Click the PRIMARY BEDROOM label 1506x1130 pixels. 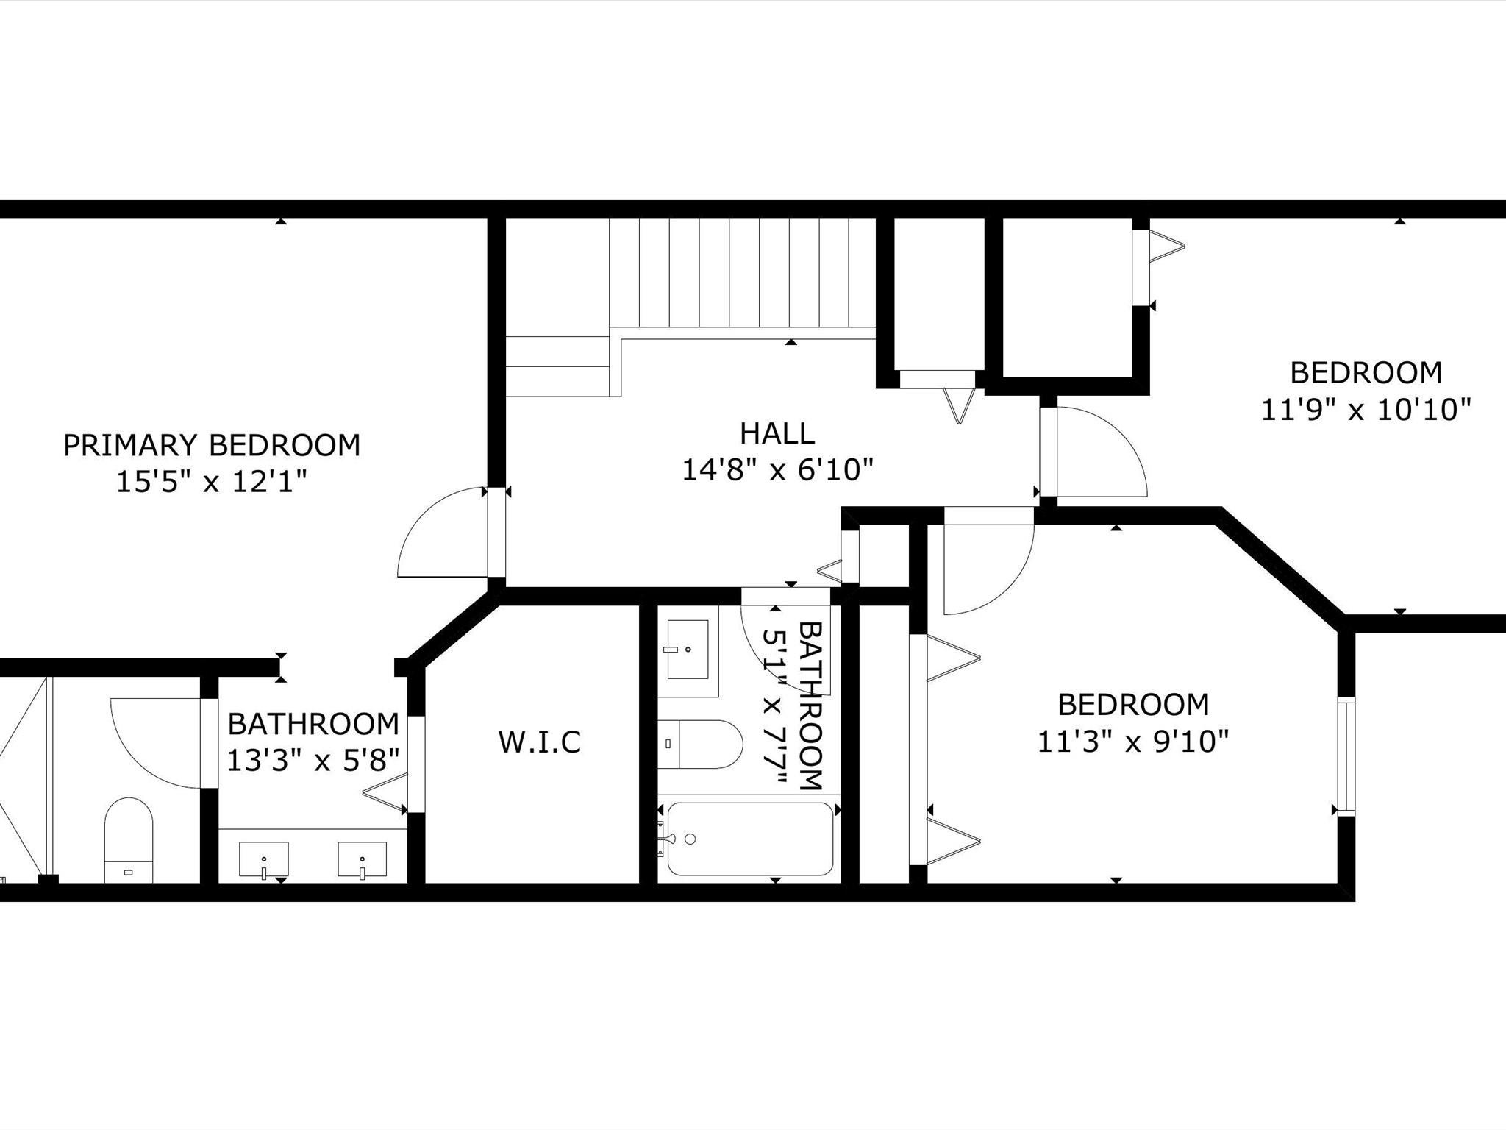tap(212, 445)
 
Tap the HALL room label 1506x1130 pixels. tap(777, 433)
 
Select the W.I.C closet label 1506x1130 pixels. tap(540, 742)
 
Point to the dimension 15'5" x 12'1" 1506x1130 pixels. tap(211, 482)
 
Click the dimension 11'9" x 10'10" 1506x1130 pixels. tap(1366, 409)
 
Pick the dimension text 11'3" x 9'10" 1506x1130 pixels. tap(1133, 741)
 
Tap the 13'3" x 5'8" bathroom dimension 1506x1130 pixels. tap(313, 760)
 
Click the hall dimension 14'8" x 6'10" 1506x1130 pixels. tap(777, 469)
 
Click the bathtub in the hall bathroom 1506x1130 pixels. tap(750, 839)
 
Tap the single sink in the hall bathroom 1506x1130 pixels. tap(688, 649)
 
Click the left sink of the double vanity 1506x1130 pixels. tap(264, 860)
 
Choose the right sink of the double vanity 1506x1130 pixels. tap(362, 860)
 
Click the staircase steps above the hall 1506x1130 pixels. tap(743, 273)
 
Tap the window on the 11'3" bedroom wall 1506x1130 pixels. tap(1346, 756)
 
